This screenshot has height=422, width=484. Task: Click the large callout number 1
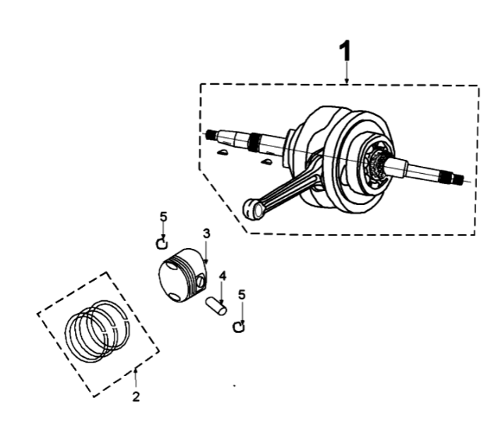[346, 50]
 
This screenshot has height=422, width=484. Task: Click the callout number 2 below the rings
[136, 397]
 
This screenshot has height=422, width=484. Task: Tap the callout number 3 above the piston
[206, 234]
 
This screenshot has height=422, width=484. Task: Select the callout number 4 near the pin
[223, 276]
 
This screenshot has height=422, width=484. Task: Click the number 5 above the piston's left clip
[164, 217]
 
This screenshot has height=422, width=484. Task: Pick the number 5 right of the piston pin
[242, 295]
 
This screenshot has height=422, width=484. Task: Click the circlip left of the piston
[162, 244]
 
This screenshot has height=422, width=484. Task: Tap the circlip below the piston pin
[239, 327]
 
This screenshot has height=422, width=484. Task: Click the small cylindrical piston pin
[216, 306]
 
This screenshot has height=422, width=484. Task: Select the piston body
[182, 275]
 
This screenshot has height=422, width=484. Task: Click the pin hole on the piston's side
[201, 281]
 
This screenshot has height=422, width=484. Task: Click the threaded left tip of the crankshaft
[212, 134]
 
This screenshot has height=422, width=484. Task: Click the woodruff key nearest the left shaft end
[223, 152]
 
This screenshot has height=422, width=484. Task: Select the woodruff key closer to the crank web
[266, 161]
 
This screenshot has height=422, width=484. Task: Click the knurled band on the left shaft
[254, 142]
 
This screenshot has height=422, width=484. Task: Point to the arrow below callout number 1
[347, 72]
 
